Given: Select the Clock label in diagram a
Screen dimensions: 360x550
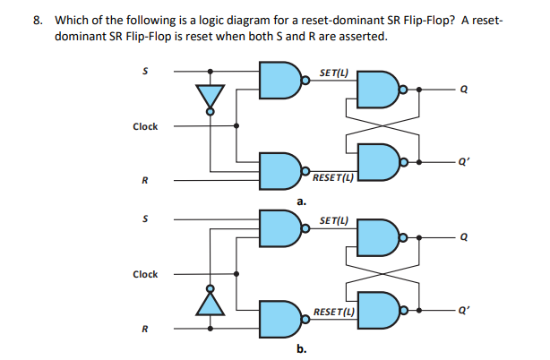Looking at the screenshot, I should [x=145, y=126].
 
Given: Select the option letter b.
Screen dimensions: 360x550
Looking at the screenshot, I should [x=302, y=348].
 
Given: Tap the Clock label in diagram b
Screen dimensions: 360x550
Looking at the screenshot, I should [x=145, y=274].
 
